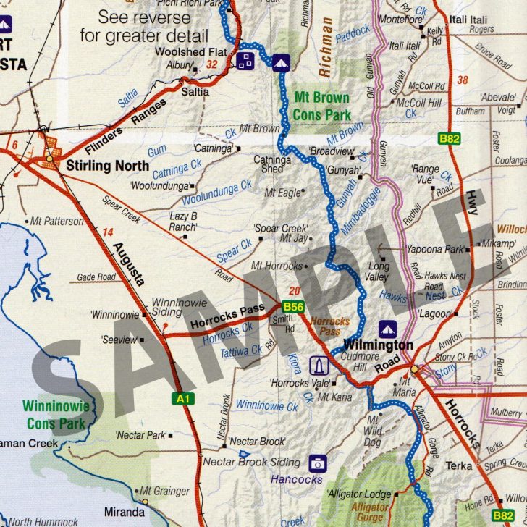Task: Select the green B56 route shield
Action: [292, 307]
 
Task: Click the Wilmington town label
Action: [378, 345]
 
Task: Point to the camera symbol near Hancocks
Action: [316, 463]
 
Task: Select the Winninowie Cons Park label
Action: [56, 414]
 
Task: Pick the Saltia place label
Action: [195, 92]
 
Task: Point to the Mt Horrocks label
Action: [277, 266]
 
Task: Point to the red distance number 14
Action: [109, 232]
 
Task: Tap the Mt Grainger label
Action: [164, 492]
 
